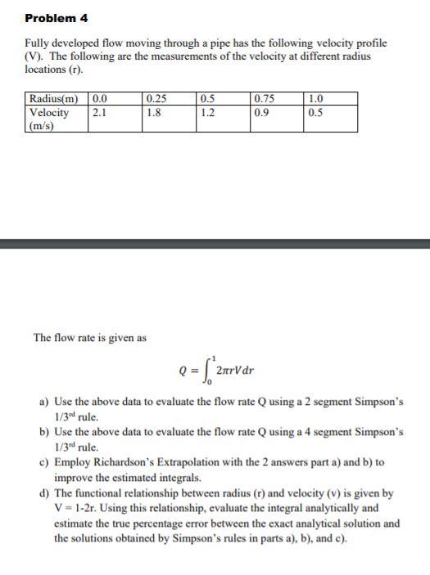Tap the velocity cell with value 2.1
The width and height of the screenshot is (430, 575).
[98, 113]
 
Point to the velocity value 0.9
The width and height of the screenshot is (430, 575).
[263, 113]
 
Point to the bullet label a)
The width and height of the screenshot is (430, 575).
[46, 403]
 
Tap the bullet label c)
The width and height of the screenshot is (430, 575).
[46, 463]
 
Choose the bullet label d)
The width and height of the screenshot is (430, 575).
[46, 493]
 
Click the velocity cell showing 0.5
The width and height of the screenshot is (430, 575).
[315, 113]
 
